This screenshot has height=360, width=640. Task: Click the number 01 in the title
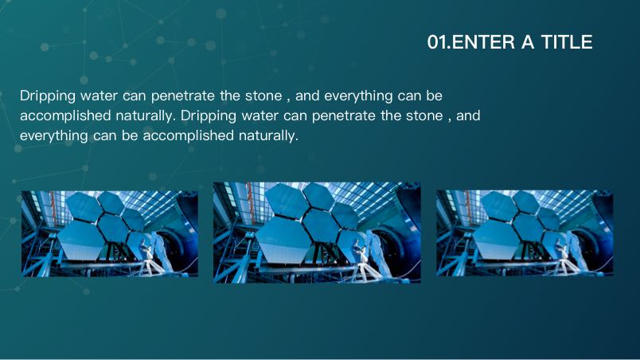click(438, 42)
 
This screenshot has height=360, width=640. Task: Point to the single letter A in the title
click(527, 42)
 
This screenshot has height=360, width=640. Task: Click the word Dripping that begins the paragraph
click(48, 96)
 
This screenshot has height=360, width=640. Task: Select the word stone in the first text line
click(263, 96)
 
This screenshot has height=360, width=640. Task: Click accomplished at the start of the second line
click(65, 116)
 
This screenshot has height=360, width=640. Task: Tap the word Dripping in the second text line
click(209, 116)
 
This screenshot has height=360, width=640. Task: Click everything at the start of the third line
click(54, 136)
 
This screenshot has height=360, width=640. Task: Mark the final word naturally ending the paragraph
click(268, 135)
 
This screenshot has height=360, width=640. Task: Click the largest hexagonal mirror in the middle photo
click(284, 240)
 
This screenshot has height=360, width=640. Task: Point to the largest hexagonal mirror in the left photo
click(81, 240)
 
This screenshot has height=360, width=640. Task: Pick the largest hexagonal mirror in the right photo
click(497, 239)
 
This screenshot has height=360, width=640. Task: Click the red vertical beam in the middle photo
click(250, 203)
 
